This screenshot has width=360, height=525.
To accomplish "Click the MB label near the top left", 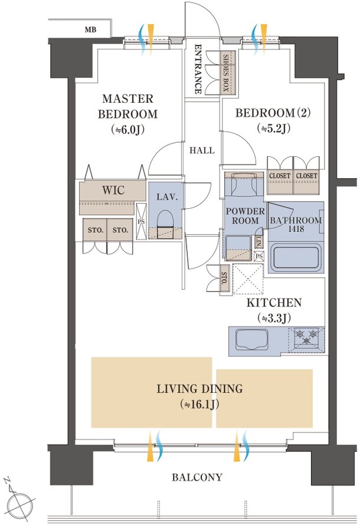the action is point(90,30).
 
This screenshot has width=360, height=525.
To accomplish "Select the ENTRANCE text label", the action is point(198,68).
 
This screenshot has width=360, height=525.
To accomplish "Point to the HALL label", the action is point(202,150).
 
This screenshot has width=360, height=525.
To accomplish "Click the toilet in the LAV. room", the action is point(165,224).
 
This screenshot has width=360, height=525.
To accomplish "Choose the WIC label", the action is point(113,190).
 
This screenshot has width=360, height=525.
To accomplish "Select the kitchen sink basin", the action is point(252,339).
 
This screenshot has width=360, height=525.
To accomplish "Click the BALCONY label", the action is point(197,477).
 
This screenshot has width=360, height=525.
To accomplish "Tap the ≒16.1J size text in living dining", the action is point(199,405).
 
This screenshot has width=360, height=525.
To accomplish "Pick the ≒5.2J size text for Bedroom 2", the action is point(274,128).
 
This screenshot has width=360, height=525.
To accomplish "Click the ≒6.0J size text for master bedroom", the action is point(127,130).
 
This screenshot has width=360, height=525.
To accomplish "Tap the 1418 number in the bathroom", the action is point(296,229).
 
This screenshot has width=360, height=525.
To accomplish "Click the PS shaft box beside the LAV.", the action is point(141,221).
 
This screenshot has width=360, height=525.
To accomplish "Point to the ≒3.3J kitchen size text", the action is point(274,318).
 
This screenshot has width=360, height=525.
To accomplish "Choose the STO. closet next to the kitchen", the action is point(224,278).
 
